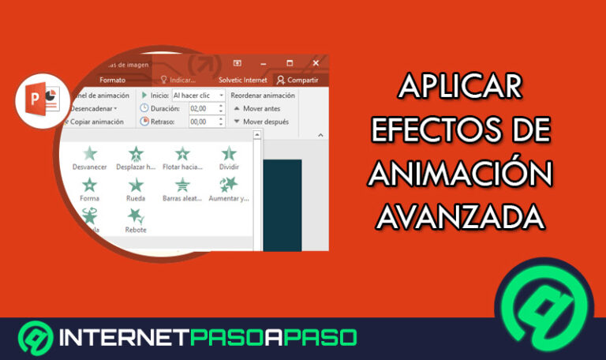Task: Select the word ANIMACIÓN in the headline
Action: [461, 174]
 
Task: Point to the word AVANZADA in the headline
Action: [461, 215]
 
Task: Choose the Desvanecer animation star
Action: [90, 154]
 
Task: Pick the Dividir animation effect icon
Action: [229, 154]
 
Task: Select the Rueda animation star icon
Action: [136, 186]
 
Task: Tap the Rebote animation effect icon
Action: [136, 216]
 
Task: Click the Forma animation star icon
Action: [90, 186]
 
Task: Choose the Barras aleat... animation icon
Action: [182, 186]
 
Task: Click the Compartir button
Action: [297, 80]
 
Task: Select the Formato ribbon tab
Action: [113, 80]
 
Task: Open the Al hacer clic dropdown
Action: [198, 96]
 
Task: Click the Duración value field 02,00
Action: [202, 108]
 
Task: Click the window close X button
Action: [316, 63]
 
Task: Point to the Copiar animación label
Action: [96, 122]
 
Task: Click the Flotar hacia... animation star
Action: [182, 154]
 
